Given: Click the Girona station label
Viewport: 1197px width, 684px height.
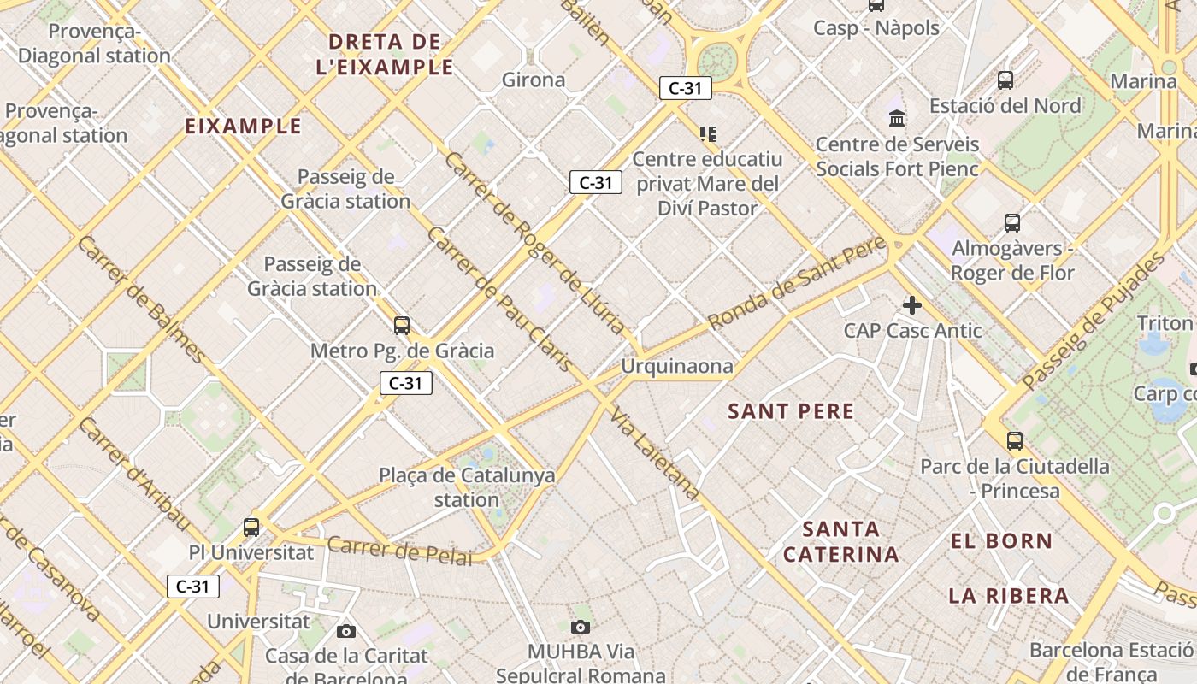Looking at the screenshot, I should [534, 80].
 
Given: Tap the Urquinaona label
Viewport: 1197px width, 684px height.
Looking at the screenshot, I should [677, 367].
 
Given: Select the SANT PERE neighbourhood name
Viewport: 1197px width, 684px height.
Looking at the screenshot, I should [791, 411].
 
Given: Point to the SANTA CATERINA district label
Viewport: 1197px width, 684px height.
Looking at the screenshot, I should [840, 541].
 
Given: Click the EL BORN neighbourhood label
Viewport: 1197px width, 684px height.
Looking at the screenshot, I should [1001, 541].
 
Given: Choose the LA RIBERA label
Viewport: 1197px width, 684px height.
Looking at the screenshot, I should [1009, 596].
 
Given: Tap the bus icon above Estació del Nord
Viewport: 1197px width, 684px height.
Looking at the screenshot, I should [1005, 80].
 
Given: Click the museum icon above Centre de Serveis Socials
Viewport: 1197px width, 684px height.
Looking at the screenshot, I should [897, 117].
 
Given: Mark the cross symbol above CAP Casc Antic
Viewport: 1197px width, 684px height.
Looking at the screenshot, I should [912, 304].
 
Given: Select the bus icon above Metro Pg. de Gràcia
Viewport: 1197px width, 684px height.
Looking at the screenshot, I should [401, 325].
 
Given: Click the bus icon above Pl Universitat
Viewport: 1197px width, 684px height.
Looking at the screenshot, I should [251, 527].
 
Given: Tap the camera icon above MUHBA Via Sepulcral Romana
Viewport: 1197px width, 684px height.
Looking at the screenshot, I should [581, 628].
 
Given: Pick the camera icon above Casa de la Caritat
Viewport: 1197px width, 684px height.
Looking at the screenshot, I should [346, 631].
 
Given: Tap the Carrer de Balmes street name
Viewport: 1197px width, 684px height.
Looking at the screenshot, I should [141, 298].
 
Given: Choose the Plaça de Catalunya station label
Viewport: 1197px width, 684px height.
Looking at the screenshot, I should [467, 487].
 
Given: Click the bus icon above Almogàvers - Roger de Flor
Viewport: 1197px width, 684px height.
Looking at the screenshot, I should [1012, 223].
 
